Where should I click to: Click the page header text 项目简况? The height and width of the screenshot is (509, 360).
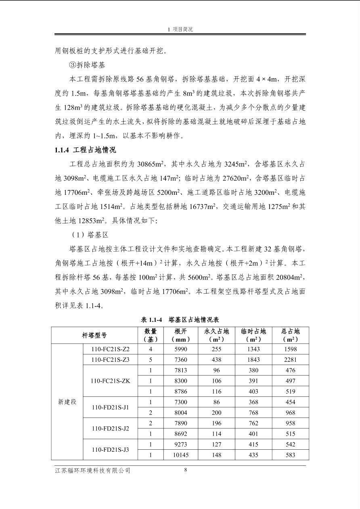180,29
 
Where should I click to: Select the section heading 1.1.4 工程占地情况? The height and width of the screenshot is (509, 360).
85,150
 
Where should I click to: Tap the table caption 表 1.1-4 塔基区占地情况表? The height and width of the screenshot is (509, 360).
180,319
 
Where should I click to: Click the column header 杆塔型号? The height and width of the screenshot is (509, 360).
94,335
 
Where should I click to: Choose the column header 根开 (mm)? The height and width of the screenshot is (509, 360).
180,335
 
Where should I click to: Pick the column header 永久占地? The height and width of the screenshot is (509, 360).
216,335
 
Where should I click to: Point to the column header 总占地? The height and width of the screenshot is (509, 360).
290,335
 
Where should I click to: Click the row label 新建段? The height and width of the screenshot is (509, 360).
67,402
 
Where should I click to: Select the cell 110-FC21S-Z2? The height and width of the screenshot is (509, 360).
110,349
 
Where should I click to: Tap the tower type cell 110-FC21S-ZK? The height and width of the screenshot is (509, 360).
110,381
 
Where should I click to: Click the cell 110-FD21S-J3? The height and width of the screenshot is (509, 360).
110,449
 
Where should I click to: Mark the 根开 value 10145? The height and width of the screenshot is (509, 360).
180,455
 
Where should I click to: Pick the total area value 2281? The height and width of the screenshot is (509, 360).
290,360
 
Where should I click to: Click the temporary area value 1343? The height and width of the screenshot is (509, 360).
253,349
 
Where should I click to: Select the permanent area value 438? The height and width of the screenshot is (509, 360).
216,360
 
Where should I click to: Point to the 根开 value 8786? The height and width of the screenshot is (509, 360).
180,391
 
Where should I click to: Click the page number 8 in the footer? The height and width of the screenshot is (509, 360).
185,469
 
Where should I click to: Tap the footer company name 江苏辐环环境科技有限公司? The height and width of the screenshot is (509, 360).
92,471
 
